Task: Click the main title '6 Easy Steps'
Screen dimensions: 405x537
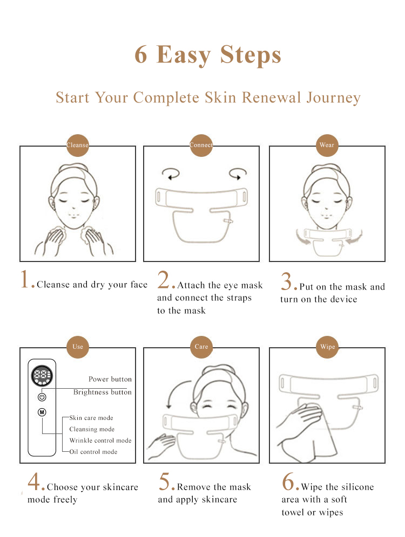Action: coord(208,55)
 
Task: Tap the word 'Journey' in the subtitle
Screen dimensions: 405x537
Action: coord(333,98)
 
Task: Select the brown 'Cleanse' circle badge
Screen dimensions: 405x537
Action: coord(78,145)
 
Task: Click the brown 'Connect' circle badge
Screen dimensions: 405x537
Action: coord(201,145)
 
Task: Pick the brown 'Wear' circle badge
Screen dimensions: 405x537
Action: coord(327,145)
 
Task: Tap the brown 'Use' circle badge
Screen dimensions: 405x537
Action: coord(78,347)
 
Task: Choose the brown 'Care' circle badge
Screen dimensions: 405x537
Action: coord(201,347)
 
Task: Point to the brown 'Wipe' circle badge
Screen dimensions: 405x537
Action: coord(327,347)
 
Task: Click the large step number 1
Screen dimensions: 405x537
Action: coord(25,279)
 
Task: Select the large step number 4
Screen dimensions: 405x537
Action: coord(34,481)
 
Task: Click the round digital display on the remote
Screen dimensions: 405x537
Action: coord(42,376)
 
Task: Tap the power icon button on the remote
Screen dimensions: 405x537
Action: coord(42,397)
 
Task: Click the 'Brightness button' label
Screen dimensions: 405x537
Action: coord(103,392)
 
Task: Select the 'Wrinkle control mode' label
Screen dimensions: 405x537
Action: coord(100,440)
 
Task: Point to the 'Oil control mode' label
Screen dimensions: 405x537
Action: coord(93,452)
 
